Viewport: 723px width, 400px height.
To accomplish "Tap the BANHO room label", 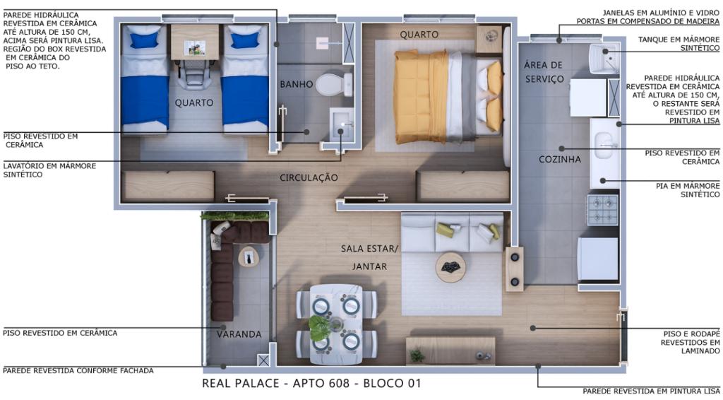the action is (297, 84).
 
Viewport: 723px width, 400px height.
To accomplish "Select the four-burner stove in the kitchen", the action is (602, 209).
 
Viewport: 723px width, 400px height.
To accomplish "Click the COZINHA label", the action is (560, 159).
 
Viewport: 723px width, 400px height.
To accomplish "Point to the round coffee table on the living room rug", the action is (450, 267).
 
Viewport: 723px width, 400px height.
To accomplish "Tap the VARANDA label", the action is (239, 334).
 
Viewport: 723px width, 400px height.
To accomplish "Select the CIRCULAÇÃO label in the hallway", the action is (309, 177).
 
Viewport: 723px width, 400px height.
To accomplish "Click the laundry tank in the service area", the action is (604, 58).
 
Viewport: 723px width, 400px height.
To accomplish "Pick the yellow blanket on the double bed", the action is (421, 96).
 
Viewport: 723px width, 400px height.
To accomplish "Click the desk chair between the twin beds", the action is (195, 73).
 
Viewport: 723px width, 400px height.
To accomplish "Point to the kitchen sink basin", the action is (603, 146).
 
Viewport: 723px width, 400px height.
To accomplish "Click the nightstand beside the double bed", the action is (489, 38).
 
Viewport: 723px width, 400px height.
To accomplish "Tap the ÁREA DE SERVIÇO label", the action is (544, 72).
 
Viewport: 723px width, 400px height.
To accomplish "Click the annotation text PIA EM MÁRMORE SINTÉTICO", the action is (688, 190).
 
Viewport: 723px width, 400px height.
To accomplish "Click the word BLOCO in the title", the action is (382, 383).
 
